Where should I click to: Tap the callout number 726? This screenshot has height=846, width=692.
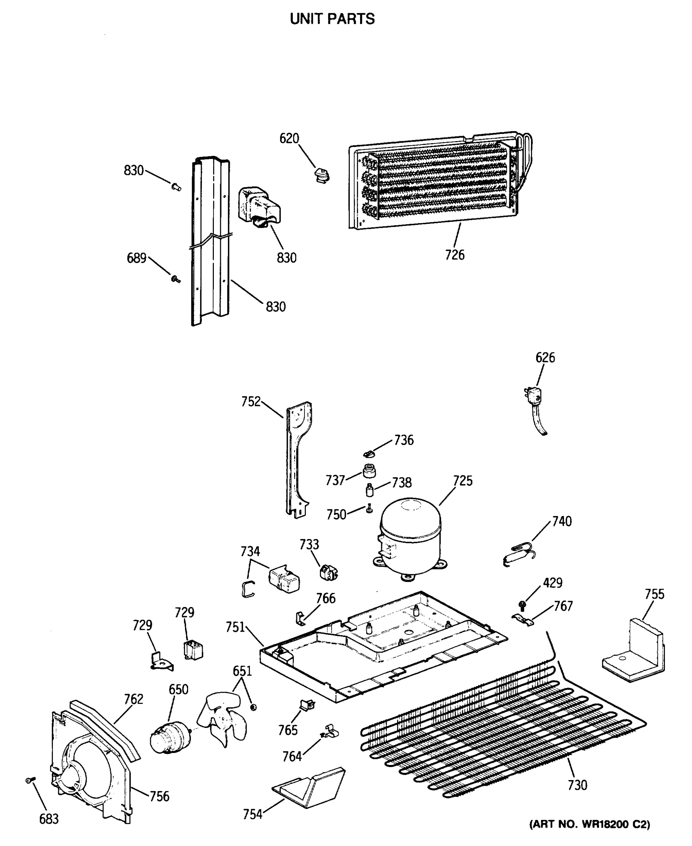455,255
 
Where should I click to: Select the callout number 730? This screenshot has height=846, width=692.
577,785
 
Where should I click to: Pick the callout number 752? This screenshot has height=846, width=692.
251,401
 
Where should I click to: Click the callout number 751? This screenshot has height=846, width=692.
235,627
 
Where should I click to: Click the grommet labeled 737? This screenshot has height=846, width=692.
370,471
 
